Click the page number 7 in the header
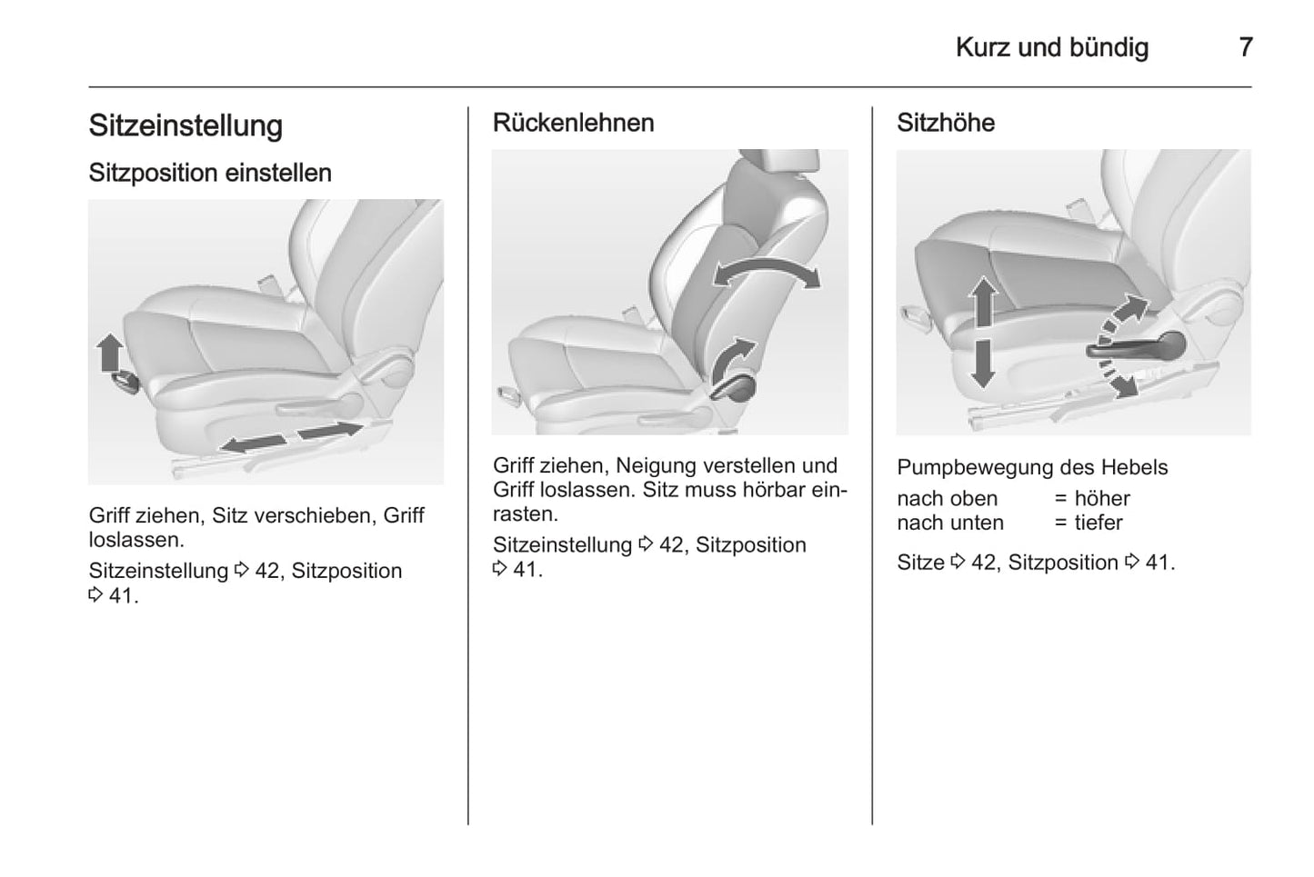(x=1246, y=47)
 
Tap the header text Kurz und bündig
(x=1052, y=47)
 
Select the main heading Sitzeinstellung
(x=186, y=126)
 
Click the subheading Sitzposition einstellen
(x=210, y=173)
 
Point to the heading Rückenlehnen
(x=573, y=123)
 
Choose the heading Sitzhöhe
(x=946, y=123)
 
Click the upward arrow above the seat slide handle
(x=110, y=353)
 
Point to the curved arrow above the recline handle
(x=732, y=359)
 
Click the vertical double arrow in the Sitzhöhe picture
(x=983, y=332)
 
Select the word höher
(x=1101, y=498)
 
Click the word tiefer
(x=1098, y=523)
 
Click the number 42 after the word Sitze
(x=983, y=563)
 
